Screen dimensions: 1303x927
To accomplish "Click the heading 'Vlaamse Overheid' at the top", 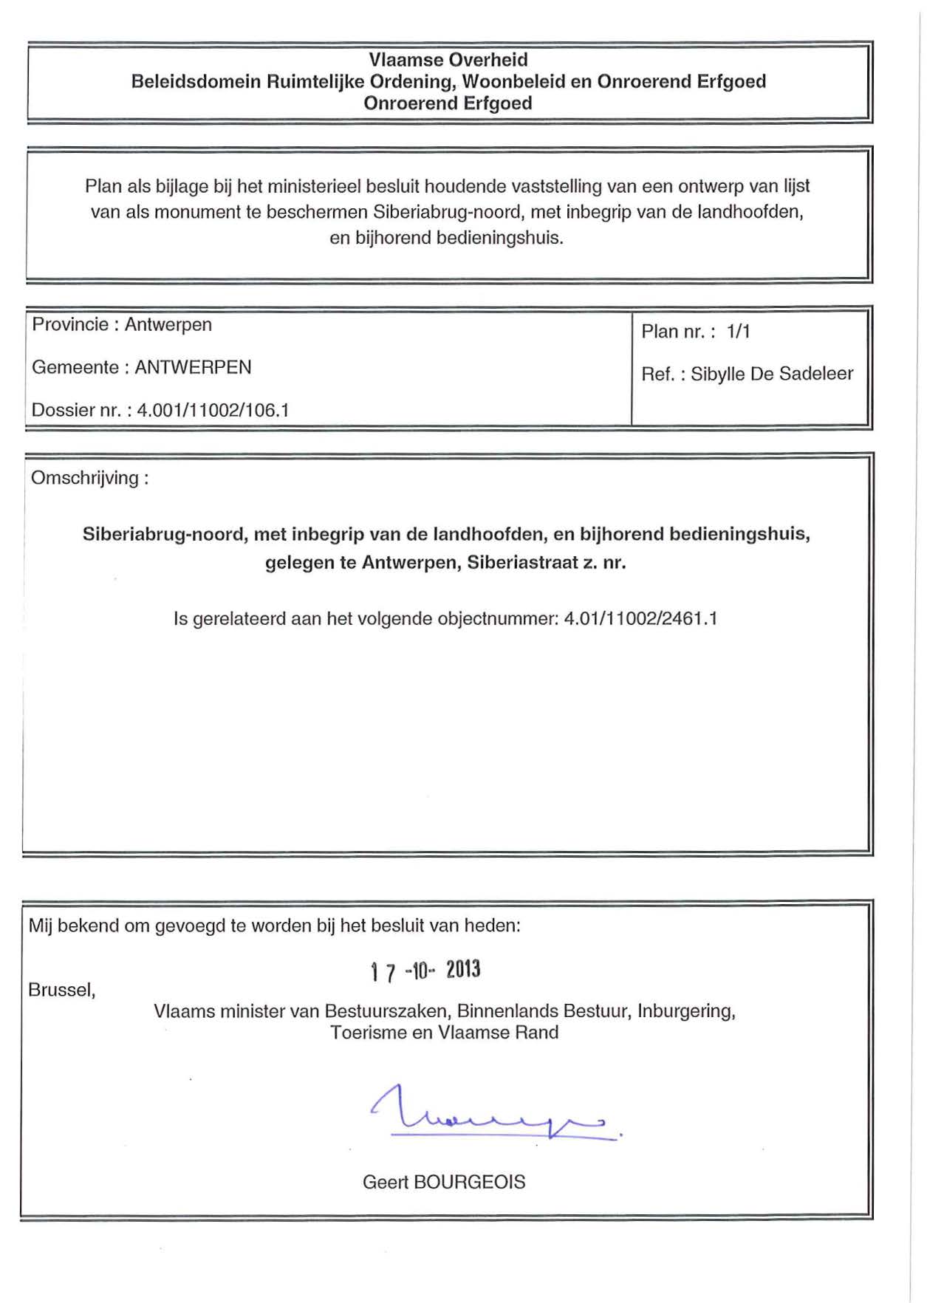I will tap(448, 60).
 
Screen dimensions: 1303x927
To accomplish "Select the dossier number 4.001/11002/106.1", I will tap(213, 410).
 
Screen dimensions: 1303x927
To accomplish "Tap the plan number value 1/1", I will tap(738, 332).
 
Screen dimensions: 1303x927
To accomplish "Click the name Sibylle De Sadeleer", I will tap(772, 374).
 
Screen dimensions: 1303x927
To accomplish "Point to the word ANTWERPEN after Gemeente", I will tap(193, 367).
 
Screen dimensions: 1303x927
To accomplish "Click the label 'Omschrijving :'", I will tap(89, 478).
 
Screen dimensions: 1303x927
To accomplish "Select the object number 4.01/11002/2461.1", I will tap(640, 618).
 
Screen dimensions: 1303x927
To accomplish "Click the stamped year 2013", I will tap(463, 969).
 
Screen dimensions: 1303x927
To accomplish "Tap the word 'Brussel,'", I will tap(62, 990).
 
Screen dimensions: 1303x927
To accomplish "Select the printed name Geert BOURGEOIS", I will tap(444, 1182).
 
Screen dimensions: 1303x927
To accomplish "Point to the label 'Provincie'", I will tap(70, 324).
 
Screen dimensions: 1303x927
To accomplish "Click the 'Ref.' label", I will tap(657, 374).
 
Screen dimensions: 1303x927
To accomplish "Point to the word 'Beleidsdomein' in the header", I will tap(196, 81).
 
